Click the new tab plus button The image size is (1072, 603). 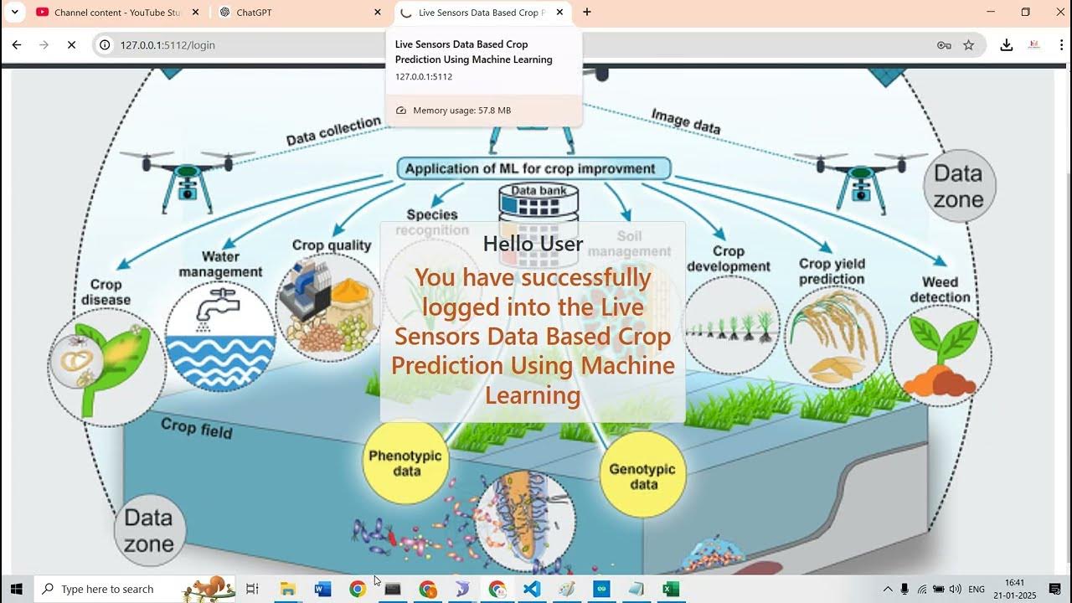[587, 13]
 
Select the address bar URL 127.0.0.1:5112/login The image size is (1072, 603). [167, 45]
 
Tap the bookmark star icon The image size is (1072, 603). [969, 45]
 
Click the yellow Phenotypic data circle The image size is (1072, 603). [406, 463]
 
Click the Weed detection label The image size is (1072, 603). [940, 290]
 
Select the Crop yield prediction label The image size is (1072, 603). [831, 271]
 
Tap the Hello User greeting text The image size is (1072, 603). [533, 244]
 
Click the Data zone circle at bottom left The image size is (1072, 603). [149, 530]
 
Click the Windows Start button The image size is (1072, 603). [16, 589]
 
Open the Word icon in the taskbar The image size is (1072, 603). [322, 589]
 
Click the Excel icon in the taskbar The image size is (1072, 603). [671, 589]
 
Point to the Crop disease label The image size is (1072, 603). [106, 292]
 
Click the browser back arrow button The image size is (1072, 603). [17, 45]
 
